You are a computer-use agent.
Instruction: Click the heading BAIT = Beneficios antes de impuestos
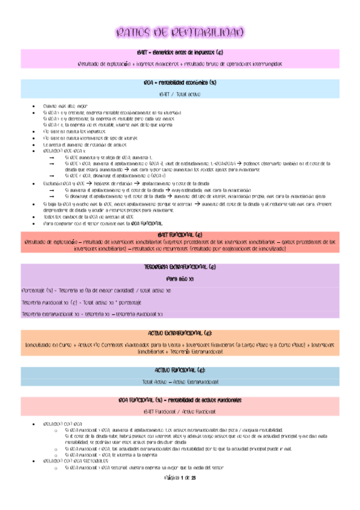[x=180, y=52]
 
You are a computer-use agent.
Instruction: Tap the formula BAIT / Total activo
[x=180, y=94]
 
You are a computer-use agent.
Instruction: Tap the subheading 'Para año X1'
[x=180, y=278]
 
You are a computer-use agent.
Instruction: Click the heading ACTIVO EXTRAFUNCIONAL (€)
[x=180, y=333]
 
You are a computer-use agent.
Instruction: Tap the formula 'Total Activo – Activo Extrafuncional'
[x=180, y=381]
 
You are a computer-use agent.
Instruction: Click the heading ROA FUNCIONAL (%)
[x=180, y=400]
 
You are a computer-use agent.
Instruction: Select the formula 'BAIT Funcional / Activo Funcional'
[x=180, y=411]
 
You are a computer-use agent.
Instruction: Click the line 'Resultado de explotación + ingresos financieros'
[x=180, y=63]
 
